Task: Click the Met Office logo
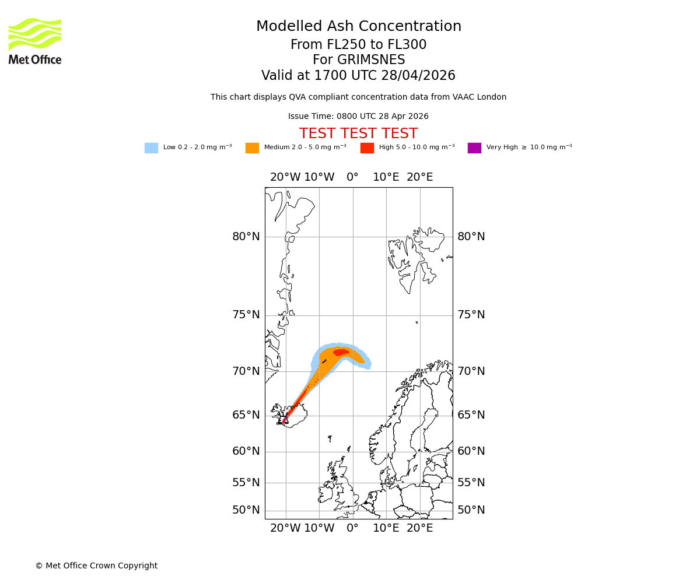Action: [x=35, y=41]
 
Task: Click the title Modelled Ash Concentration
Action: [x=358, y=27]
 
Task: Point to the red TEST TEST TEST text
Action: [x=358, y=134]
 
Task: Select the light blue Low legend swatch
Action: [x=151, y=148]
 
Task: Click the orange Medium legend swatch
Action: [x=252, y=148]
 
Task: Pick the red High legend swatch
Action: [x=367, y=148]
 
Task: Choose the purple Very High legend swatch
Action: [x=474, y=148]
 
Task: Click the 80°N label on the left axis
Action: [x=246, y=237]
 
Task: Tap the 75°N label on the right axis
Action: [x=471, y=315]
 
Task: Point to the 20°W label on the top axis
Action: [x=285, y=177]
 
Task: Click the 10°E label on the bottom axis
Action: [x=386, y=528]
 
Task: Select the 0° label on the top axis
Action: [x=352, y=177]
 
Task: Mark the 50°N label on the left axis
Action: [x=246, y=510]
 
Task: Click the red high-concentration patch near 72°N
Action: [x=341, y=352]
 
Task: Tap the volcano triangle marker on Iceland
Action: [x=285, y=420]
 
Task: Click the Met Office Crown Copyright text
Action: [x=96, y=566]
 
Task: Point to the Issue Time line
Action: [x=358, y=117]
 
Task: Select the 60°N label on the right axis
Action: [x=471, y=451]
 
